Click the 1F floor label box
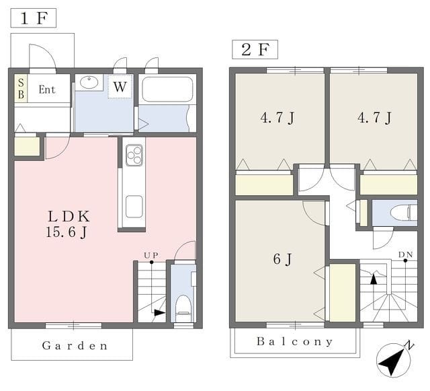(34, 18)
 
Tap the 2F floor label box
(255, 49)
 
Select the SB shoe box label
(21, 88)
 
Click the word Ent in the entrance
(47, 90)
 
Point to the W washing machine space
(120, 87)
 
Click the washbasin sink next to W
(89, 82)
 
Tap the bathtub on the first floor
(167, 90)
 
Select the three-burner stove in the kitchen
(134, 155)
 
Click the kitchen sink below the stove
(134, 207)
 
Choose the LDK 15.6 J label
(68, 224)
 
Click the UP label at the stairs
(151, 256)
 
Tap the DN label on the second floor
(406, 254)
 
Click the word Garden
(75, 346)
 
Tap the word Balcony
(295, 342)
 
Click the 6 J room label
(282, 259)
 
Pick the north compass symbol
(394, 359)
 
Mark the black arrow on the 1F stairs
(159, 313)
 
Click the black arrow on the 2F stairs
(374, 279)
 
